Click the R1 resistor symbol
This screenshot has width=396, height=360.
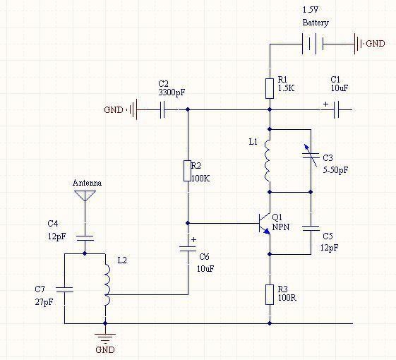click(270, 88)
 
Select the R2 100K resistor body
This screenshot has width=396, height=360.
click(187, 171)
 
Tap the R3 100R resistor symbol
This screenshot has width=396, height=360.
click(270, 294)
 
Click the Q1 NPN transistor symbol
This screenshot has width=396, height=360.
click(264, 224)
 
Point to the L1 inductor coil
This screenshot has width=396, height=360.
click(268, 161)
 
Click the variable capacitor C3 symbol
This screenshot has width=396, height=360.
click(311, 155)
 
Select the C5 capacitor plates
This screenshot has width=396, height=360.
click(311, 229)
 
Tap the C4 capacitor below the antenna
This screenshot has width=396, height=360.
click(85, 238)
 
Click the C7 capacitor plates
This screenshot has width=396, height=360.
click(65, 289)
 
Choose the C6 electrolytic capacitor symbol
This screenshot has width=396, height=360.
click(188, 248)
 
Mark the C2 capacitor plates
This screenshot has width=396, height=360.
click(162, 109)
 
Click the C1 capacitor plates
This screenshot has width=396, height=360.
click(336, 109)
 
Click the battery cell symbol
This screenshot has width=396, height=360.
click(313, 44)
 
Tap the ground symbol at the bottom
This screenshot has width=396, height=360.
click(105, 337)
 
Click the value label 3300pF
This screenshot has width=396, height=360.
click(172, 92)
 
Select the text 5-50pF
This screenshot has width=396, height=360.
click(335, 170)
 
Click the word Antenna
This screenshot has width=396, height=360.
click(87, 183)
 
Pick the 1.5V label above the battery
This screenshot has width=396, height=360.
click(311, 10)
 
